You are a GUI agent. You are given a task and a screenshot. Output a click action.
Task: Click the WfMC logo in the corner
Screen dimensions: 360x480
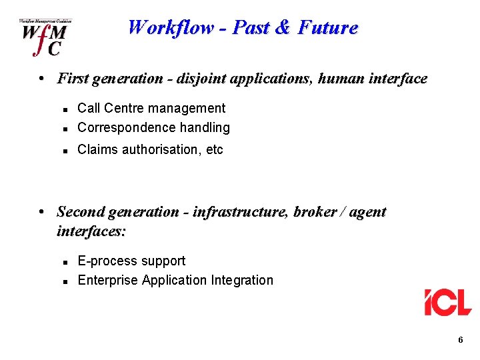tap(45, 37)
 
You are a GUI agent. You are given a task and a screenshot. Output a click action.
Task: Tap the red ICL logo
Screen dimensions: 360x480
tap(448, 302)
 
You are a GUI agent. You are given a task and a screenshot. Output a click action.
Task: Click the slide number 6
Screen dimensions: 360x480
tap(461, 341)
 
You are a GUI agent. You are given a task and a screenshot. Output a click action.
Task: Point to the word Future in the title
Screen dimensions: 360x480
tap(328, 28)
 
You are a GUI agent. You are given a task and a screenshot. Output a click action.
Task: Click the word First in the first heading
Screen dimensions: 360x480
tap(73, 79)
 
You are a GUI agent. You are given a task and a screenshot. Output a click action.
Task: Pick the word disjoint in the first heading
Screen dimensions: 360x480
tap(200, 79)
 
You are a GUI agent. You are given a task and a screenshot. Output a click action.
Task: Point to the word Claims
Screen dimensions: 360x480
tap(97, 150)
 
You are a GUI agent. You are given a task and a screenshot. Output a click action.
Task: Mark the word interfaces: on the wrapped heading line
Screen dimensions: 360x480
tap(91, 231)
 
